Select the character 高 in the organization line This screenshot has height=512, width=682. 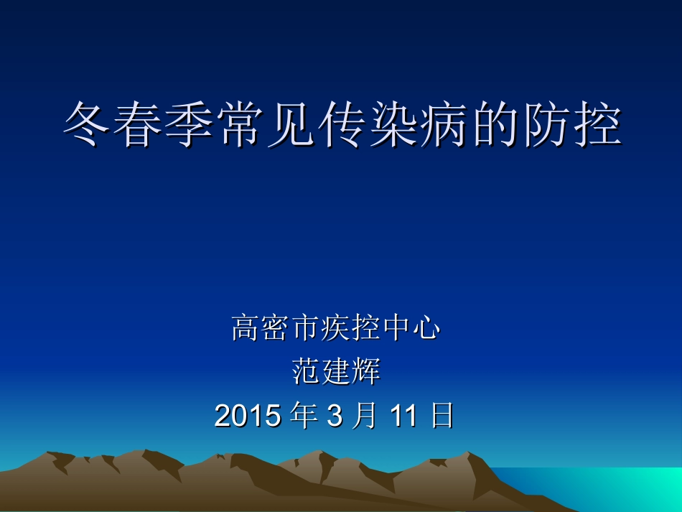(246, 328)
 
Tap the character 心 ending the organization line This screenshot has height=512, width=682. (426, 328)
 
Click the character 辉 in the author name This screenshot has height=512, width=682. (366, 372)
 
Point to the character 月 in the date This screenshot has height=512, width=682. (364, 415)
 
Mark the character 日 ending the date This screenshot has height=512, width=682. (442, 415)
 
